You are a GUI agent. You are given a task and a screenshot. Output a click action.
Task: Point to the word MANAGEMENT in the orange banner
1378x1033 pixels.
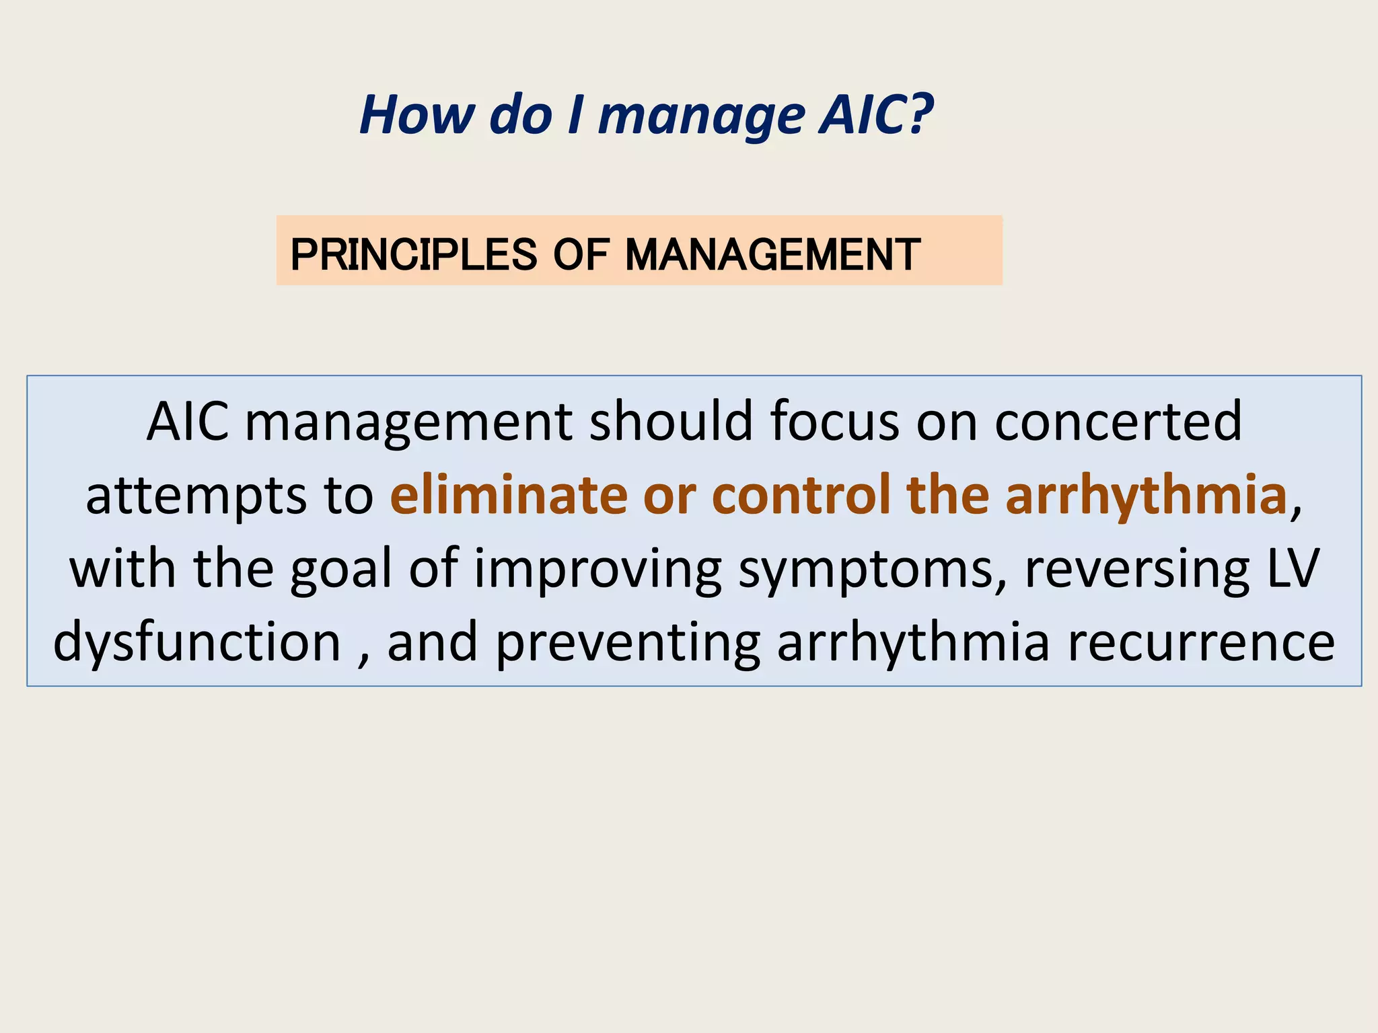tap(772, 255)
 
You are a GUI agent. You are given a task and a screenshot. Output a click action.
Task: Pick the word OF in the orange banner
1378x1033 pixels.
tap(581, 255)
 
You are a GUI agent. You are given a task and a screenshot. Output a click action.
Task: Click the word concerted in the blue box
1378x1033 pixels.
tap(1118, 421)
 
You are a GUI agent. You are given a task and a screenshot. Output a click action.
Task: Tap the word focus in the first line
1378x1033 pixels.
tap(834, 421)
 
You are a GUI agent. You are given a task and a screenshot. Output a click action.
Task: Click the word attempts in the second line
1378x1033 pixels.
tap(196, 496)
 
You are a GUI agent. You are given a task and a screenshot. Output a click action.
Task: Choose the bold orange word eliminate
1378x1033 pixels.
tap(508, 495)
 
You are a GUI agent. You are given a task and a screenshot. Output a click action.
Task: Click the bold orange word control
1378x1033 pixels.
tap(800, 495)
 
